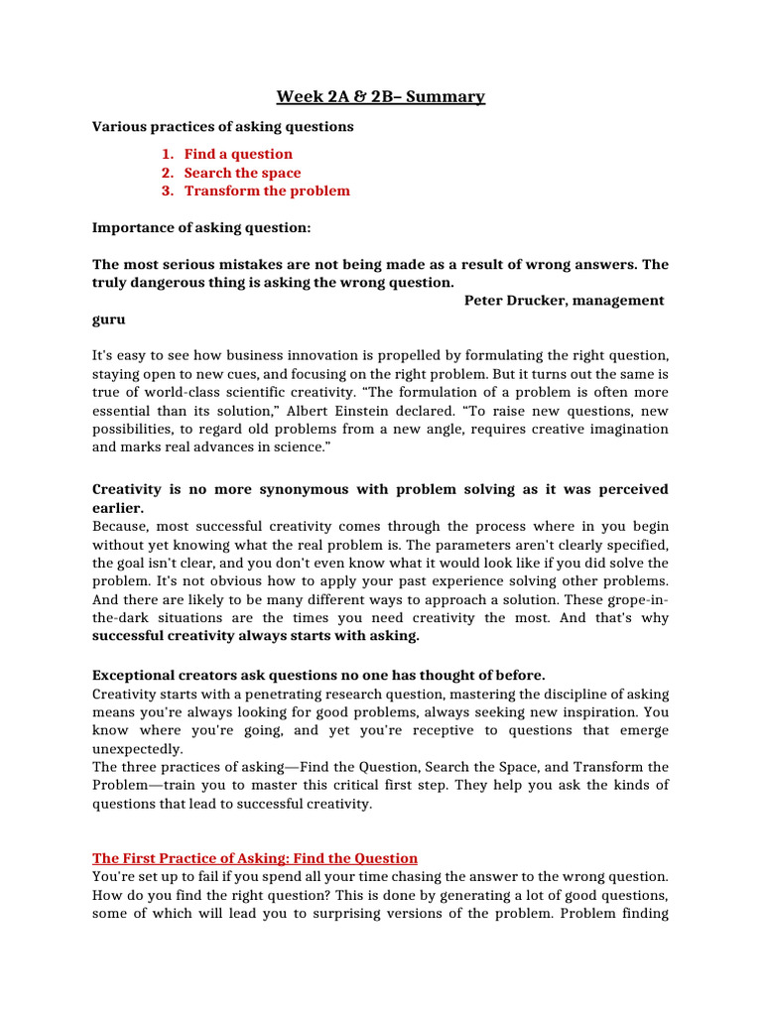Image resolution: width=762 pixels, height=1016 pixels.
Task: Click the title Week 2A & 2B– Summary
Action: [380, 96]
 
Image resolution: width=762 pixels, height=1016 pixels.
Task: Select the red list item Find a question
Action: [238, 154]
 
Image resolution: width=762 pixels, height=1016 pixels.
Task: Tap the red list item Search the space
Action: [242, 173]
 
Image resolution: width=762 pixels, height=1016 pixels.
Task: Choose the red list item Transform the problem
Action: [267, 190]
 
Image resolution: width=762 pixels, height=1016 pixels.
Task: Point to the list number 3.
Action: [167, 190]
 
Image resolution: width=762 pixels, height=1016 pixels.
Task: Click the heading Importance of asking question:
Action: [201, 228]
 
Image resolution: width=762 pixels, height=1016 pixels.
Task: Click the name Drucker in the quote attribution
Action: [539, 301]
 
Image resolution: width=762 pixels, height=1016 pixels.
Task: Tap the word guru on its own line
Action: [109, 320]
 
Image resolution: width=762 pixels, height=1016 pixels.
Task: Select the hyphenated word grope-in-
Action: [633, 600]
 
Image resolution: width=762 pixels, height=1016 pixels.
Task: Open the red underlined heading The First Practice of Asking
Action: [255, 858]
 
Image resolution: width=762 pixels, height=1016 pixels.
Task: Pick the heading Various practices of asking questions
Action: [222, 127]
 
